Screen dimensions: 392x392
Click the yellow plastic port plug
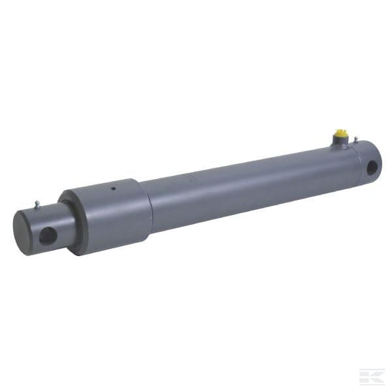[x=341, y=136]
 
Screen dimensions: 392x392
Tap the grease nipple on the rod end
[x=37, y=204]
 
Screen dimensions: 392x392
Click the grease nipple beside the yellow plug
[x=355, y=139]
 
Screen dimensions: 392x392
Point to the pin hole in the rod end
[x=48, y=235]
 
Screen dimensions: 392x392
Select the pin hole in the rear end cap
[x=372, y=167]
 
